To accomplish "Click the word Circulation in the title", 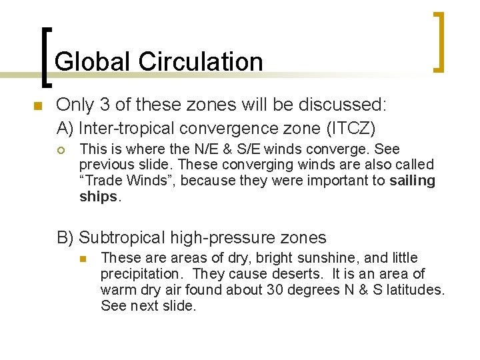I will click(x=201, y=61).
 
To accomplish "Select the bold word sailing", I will click(x=413, y=181).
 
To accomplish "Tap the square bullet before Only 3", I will click(x=37, y=106).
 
